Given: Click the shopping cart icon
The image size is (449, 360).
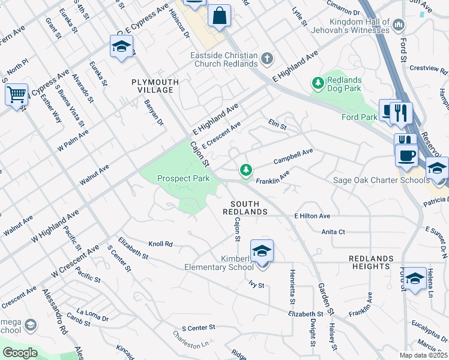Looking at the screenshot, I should pos(16,94).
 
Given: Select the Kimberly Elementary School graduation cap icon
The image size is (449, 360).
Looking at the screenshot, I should pos(262,250).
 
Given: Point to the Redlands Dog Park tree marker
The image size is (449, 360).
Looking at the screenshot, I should pos(317,82).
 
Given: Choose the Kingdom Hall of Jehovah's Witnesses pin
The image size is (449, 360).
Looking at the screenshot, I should pos(400,25).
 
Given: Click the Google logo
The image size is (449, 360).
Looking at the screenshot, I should pos(19,353).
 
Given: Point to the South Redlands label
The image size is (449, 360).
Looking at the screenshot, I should pos(245,208).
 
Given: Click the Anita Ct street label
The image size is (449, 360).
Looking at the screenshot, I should pos(334,232).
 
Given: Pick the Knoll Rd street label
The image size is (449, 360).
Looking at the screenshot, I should pos(160,244).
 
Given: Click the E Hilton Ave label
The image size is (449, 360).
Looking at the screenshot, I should pos(312,216).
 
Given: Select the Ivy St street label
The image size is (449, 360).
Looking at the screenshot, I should pos(257,285).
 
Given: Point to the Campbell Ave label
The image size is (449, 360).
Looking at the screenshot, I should pos(294,157).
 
